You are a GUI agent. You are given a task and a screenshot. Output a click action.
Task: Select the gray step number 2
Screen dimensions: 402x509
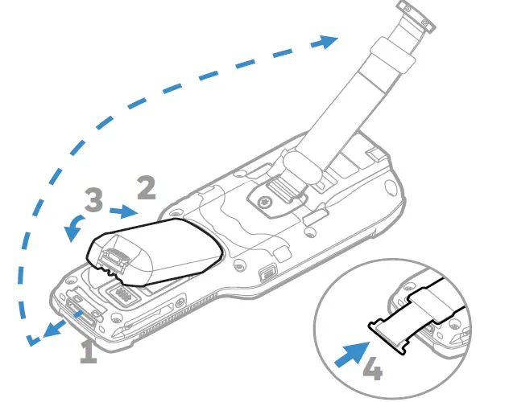(x=146, y=187)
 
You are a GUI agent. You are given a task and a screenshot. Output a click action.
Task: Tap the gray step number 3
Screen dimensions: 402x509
(x=93, y=200)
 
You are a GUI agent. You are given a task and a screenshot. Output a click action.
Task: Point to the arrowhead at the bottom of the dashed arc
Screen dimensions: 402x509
(x=32, y=339)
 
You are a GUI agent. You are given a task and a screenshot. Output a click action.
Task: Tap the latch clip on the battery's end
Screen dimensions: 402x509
(x=113, y=256)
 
